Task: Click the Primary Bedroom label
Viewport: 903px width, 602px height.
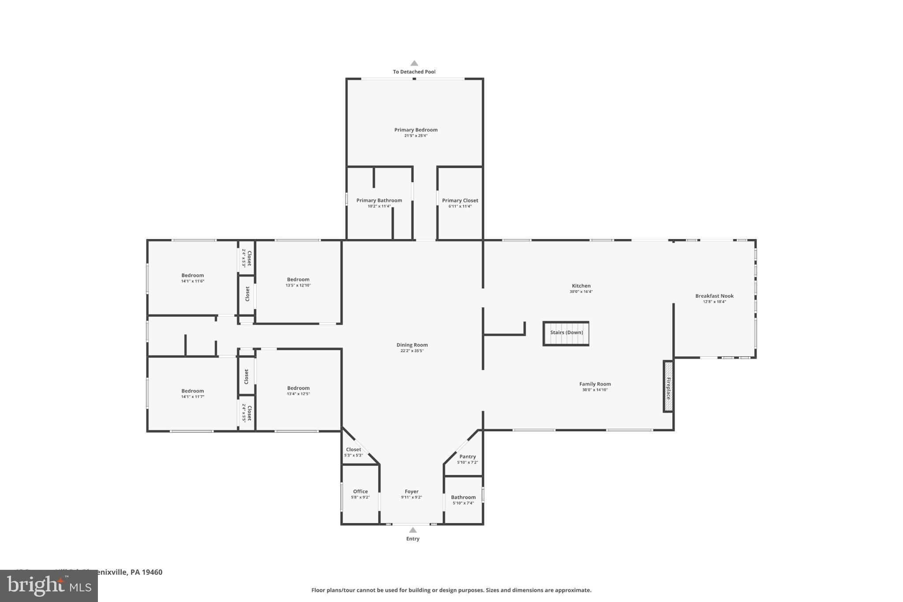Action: click(416, 130)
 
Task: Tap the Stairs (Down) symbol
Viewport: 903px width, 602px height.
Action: click(566, 333)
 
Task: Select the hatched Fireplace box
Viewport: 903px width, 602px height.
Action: click(668, 386)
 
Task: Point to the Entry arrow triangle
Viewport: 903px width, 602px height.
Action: click(413, 530)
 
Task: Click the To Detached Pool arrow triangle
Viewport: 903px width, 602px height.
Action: click(414, 63)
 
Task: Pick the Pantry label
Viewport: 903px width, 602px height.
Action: click(467, 456)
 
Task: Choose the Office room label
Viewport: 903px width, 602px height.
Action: click(360, 491)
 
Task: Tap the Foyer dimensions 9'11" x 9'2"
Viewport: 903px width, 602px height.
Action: click(411, 497)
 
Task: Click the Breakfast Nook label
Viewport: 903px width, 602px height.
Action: click(714, 296)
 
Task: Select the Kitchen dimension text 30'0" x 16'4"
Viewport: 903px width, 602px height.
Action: click(581, 292)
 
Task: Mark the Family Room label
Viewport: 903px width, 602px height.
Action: click(595, 384)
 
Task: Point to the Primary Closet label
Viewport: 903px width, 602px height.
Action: click(460, 200)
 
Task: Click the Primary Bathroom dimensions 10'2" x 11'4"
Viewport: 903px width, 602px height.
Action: click(379, 206)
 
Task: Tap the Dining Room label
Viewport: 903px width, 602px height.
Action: click(412, 345)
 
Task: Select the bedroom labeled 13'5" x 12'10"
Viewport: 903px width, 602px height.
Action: click(298, 282)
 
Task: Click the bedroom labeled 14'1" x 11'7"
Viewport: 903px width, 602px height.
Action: click(193, 393)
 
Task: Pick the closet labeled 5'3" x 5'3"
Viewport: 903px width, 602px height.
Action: click(354, 452)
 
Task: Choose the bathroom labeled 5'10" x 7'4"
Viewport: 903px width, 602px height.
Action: click(463, 500)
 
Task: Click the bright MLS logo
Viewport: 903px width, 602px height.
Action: click(49, 586)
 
